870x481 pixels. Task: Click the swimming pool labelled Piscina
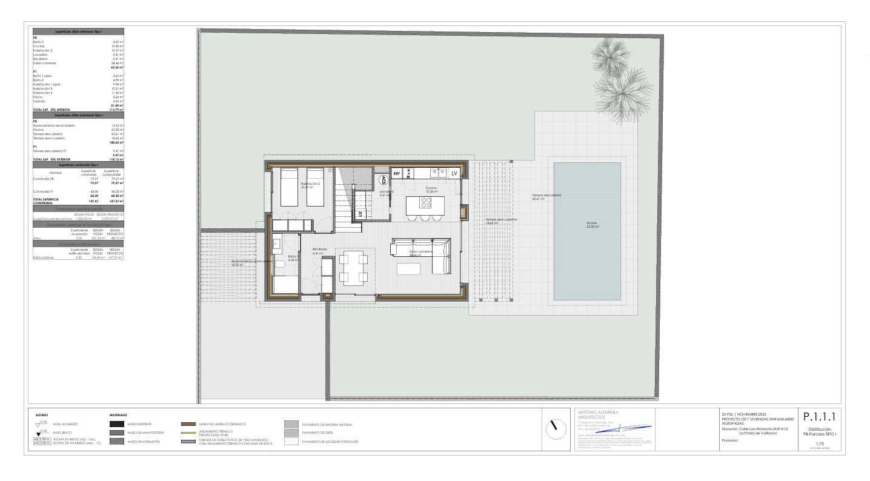(586, 230)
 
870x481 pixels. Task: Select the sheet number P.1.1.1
(819, 417)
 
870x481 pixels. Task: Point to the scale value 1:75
(820, 443)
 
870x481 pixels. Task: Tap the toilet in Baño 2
(281, 265)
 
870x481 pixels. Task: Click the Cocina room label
(431, 188)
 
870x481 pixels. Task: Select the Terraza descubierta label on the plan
(546, 196)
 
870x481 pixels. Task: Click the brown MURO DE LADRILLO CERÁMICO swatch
(189, 424)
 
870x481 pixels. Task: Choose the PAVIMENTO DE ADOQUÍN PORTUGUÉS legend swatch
(291, 442)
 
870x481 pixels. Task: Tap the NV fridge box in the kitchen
(397, 174)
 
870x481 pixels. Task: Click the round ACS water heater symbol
(383, 179)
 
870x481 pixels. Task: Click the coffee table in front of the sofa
(408, 267)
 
